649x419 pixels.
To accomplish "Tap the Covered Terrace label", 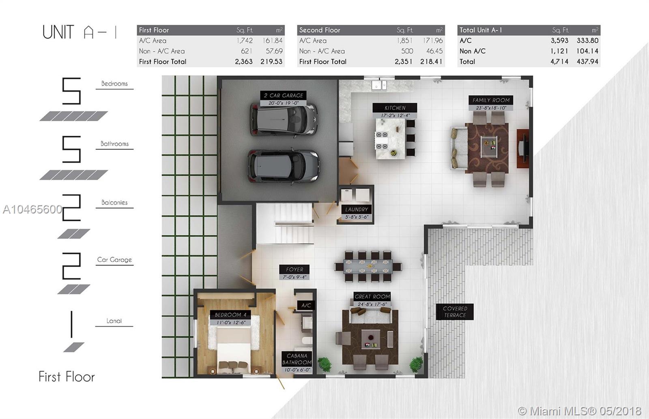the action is click(455, 312).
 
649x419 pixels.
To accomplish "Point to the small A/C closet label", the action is click(306, 305).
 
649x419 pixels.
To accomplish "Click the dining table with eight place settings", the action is click(368, 267).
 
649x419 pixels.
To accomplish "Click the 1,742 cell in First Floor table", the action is click(245, 41).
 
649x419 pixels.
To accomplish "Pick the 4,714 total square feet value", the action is click(559, 62).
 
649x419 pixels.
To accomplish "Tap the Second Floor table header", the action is click(371, 30).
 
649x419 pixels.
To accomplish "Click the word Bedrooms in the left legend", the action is click(114, 83).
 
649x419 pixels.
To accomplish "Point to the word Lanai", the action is click(114, 321).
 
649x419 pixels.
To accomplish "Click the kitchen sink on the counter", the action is click(379, 86).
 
